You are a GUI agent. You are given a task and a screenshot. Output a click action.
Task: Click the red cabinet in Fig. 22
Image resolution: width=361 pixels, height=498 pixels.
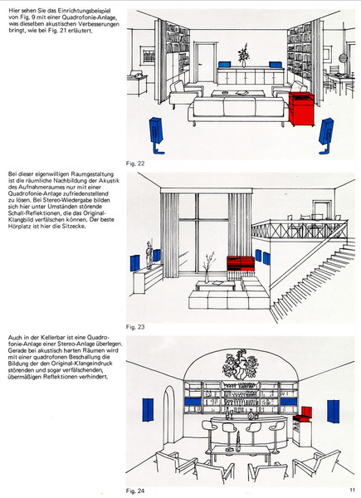pos(301,109)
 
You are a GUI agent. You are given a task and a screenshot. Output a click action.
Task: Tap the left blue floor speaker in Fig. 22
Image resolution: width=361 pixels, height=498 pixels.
pos(156,135)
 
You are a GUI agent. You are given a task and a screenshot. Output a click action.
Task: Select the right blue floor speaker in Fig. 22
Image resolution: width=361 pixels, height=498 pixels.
pos(326,136)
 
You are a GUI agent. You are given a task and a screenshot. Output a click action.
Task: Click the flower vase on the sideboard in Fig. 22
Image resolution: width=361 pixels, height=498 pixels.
pos(243,56)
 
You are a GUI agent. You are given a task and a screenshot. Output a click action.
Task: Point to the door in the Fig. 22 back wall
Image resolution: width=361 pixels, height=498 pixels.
pos(205,62)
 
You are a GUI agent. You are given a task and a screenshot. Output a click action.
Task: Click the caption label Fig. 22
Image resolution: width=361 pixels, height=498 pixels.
pos(135,164)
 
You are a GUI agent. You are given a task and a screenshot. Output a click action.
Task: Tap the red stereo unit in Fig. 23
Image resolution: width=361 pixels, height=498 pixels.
pos(241,264)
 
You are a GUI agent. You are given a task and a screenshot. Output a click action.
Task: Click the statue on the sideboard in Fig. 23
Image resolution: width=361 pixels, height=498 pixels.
pos(149,255)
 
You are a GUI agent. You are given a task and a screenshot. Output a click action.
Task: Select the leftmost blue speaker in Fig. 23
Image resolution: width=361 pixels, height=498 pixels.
pos(135,263)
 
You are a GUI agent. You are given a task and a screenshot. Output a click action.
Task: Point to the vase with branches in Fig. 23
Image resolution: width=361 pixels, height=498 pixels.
pos(207,267)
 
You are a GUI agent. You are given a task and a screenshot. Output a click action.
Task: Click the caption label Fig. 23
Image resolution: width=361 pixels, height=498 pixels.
pos(135,327)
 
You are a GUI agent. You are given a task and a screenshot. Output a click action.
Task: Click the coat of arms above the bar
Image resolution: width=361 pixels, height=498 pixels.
pos(241,364)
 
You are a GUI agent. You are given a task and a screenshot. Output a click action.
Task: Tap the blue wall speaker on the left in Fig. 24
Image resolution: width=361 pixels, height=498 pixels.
pos(148,410)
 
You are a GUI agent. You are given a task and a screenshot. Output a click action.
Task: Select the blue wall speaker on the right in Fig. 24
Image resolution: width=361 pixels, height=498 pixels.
pos(333,412)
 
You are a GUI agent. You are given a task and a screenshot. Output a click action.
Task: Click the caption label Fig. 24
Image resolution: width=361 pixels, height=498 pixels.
pos(135,491)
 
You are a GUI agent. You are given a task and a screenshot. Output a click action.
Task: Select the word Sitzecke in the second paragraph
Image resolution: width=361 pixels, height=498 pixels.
pos(76,226)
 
